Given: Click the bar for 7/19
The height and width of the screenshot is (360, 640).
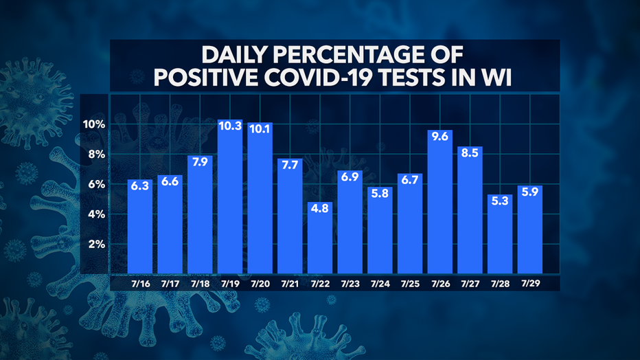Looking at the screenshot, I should (x=230, y=199).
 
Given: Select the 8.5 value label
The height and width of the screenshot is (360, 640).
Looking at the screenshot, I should (x=470, y=154).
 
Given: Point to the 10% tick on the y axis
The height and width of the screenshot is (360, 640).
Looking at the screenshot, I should (x=92, y=124).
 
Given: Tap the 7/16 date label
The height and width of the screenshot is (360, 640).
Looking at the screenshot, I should (x=140, y=283).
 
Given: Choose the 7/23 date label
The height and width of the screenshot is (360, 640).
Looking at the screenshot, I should (x=350, y=283).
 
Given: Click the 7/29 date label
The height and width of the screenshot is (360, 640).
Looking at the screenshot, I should (x=529, y=282).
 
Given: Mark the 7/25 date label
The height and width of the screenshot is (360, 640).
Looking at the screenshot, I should (x=410, y=283).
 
